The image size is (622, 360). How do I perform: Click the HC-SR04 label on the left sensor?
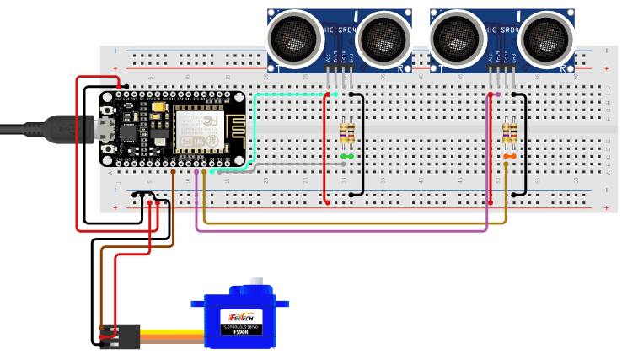coord(340,30)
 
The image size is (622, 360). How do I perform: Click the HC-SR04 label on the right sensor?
coord(502,30)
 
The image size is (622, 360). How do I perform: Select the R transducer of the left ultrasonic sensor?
coord(385,37)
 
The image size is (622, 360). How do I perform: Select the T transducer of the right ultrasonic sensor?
coord(458,37)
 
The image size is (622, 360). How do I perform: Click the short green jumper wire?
coord(346,157)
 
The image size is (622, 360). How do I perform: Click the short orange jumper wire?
coord(509,157)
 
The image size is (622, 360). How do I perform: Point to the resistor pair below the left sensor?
coord(346,133)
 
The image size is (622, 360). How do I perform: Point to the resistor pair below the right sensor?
coord(509,133)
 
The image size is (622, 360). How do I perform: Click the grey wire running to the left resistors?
coord(278,164)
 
